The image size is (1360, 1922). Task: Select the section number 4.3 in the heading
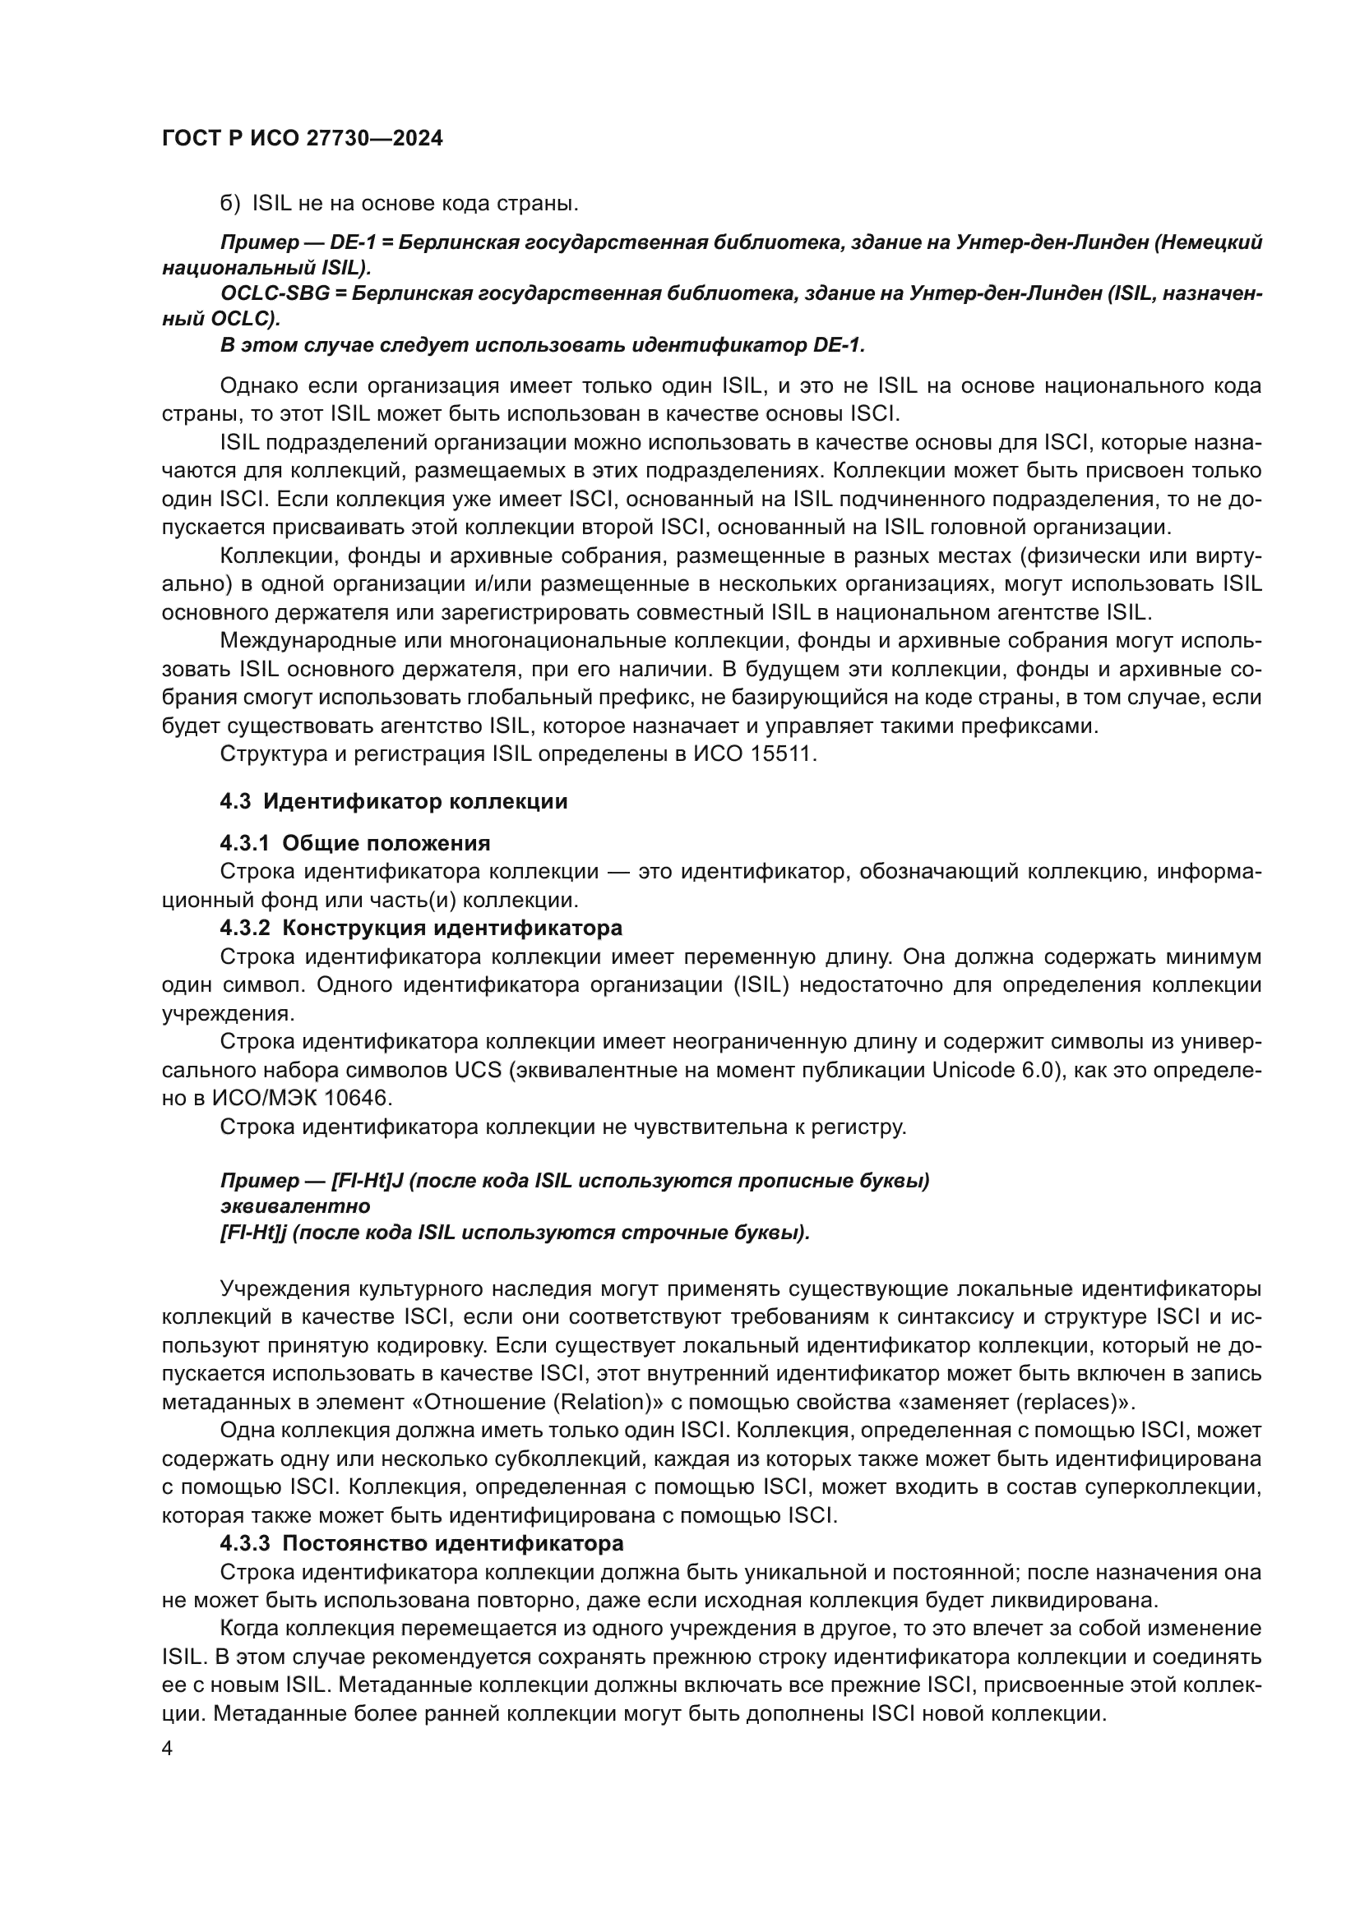point(235,801)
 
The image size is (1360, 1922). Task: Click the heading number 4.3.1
point(244,842)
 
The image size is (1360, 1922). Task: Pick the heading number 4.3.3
point(244,1543)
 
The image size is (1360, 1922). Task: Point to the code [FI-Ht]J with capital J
point(368,1180)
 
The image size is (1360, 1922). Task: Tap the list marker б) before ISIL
point(229,204)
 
